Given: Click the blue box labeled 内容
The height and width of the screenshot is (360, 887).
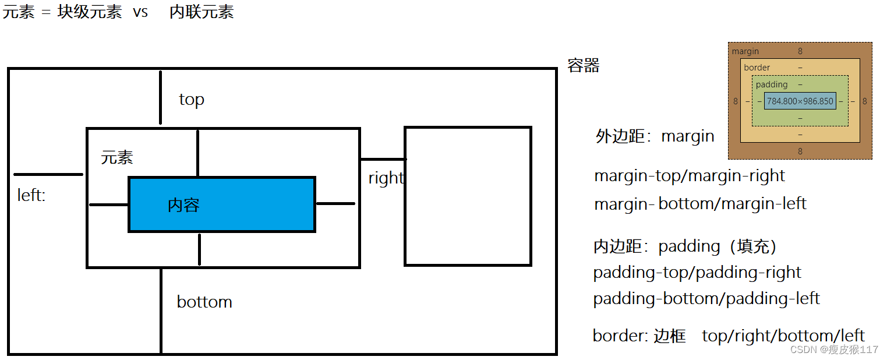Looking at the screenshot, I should pyautogui.click(x=221, y=204).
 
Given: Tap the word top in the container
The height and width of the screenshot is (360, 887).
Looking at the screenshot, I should pyautogui.click(x=192, y=100).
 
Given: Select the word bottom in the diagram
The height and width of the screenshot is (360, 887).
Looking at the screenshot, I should pyautogui.click(x=204, y=302).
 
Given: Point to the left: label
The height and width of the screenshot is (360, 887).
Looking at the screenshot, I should pyautogui.click(x=31, y=195).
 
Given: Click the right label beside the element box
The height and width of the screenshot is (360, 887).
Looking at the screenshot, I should pyautogui.click(x=386, y=178).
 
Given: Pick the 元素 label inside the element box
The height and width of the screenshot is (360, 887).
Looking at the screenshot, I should pyautogui.click(x=117, y=157).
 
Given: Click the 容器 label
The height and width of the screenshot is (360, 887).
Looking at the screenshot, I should pyautogui.click(x=584, y=66).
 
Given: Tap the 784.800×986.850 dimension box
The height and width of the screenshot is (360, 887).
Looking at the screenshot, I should pyautogui.click(x=800, y=101).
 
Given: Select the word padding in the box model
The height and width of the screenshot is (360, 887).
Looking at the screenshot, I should pyautogui.click(x=771, y=84).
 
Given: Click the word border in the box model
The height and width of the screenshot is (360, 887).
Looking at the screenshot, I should pyautogui.click(x=757, y=68).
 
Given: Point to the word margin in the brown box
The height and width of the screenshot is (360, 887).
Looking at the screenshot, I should pyautogui.click(x=745, y=51).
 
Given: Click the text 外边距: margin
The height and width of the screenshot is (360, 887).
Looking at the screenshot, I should pyautogui.click(x=655, y=136).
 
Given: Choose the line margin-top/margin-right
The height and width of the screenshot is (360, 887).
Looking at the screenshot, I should pyautogui.click(x=690, y=176).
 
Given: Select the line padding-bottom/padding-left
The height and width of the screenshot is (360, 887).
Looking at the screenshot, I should pyautogui.click(x=706, y=299).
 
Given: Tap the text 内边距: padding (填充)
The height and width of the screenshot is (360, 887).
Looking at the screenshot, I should pyautogui.click(x=685, y=246).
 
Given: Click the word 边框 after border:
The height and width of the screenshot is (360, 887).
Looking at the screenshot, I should pyautogui.click(x=670, y=336).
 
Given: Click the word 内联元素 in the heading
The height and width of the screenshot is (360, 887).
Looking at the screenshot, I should pyautogui.click(x=202, y=12).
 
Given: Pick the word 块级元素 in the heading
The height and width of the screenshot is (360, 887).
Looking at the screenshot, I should pyautogui.click(x=90, y=12).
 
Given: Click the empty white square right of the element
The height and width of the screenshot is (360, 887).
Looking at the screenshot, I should pyautogui.click(x=468, y=196).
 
